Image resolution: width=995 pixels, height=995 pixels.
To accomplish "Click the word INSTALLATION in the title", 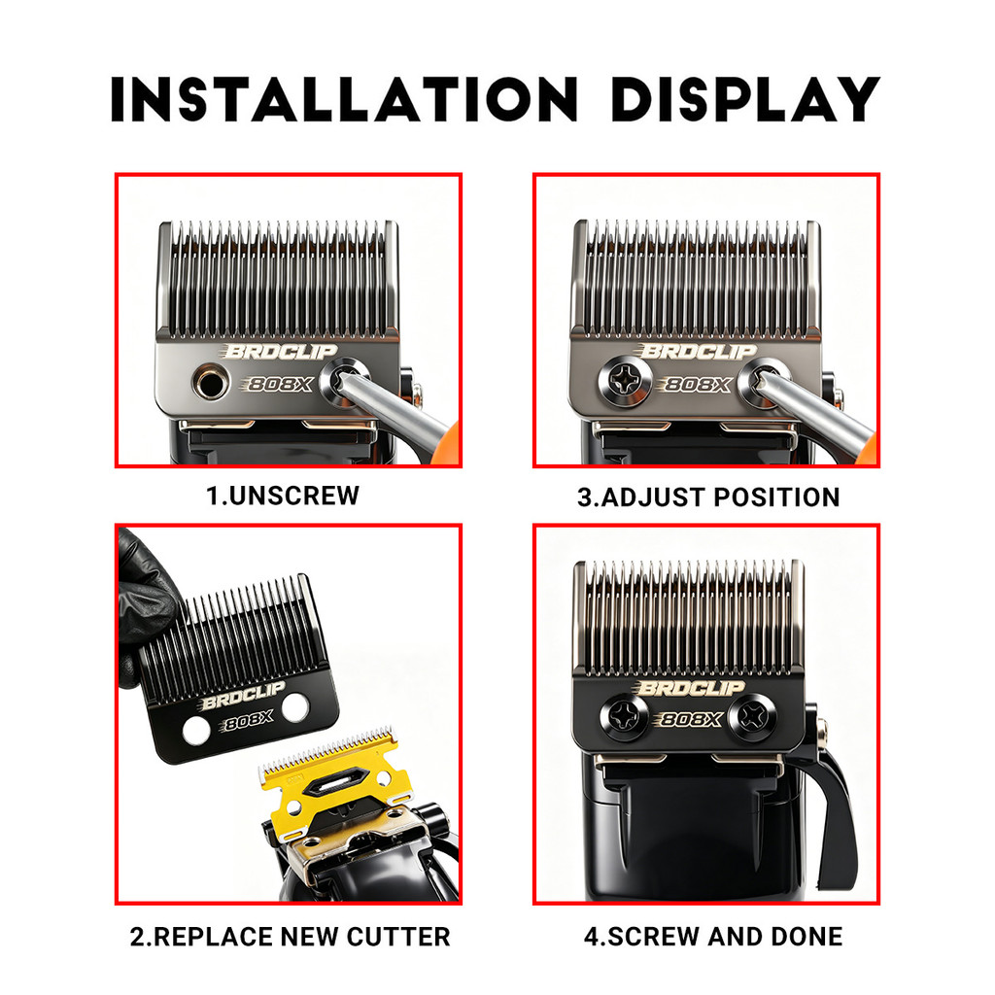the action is tap(344, 100).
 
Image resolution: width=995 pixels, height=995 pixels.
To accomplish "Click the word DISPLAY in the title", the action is tap(745, 100).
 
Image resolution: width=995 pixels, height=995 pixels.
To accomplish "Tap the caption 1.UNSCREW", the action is tap(283, 496).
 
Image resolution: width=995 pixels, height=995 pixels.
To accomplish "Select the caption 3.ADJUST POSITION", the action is tap(708, 497).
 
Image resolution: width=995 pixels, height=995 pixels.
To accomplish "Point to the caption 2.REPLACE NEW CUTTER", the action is tap(290, 937).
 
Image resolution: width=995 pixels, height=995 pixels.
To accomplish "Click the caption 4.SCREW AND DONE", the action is tap(713, 937).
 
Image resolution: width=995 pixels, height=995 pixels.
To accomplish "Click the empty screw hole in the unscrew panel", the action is tap(210, 383).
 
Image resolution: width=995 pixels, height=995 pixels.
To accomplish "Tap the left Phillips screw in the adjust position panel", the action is tap(625, 381).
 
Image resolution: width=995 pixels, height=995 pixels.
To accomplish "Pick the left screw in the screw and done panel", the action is tap(625, 717).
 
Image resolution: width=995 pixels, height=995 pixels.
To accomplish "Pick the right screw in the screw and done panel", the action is tap(753, 717).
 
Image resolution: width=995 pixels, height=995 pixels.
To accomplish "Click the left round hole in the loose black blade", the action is tap(196, 731).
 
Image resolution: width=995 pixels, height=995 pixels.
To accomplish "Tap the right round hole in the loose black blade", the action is tap(295, 707).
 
